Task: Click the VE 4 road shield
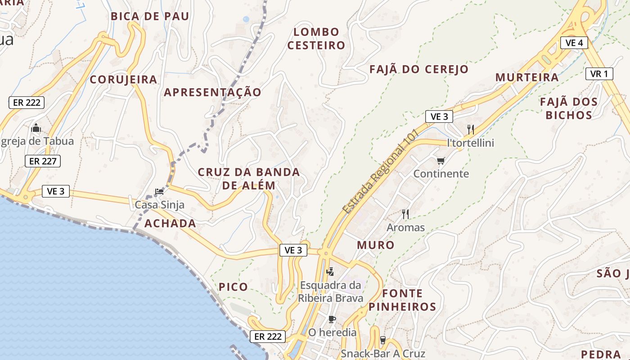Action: click(574, 43)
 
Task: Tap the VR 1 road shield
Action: click(599, 74)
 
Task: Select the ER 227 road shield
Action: click(43, 161)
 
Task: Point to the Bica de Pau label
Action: click(150, 17)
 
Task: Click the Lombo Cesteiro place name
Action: click(316, 39)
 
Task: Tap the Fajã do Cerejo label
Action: click(419, 69)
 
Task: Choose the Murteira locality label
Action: click(527, 77)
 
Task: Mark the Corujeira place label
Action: click(124, 80)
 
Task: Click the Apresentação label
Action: click(212, 92)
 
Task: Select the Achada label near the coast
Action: click(170, 224)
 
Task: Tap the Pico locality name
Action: click(233, 287)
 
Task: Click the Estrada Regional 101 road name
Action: click(380, 173)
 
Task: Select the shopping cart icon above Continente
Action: click(441, 161)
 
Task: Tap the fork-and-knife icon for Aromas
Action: click(405, 214)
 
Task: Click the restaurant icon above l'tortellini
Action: click(471, 130)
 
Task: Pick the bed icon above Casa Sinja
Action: click(159, 192)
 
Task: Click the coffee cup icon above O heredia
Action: click(332, 319)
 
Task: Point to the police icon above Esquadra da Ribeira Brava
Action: click(330, 271)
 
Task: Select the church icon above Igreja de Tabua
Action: click(36, 128)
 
